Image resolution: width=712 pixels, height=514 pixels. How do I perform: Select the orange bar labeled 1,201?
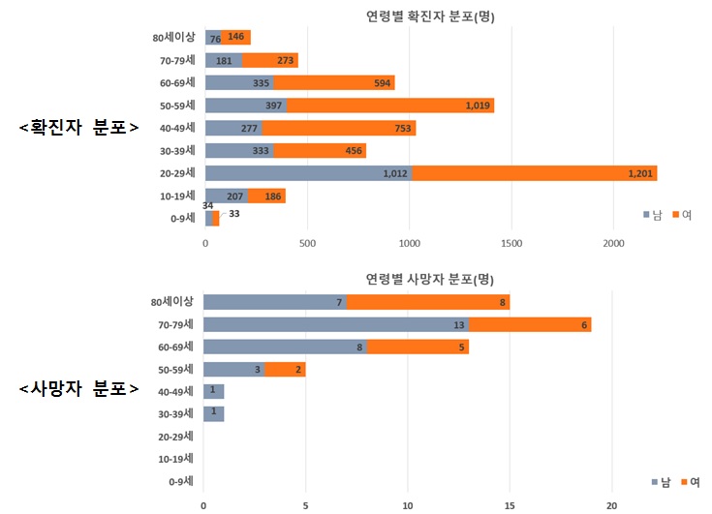[x=535, y=173]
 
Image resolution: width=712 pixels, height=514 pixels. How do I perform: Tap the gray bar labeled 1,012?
[x=308, y=173]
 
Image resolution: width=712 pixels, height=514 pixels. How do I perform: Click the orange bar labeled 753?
[x=344, y=128]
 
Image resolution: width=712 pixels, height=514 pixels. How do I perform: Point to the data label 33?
[x=233, y=214]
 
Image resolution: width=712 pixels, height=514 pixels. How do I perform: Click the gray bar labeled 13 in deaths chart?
[x=335, y=324]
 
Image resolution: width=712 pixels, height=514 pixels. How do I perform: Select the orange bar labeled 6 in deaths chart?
[x=529, y=324]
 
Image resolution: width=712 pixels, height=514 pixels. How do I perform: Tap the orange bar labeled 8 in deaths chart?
[x=428, y=302]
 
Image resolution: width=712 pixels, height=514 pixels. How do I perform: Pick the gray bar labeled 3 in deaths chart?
[x=233, y=369]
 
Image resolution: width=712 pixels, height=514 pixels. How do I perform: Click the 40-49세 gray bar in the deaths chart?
[x=214, y=391]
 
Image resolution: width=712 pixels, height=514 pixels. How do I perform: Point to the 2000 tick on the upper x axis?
[x=613, y=243]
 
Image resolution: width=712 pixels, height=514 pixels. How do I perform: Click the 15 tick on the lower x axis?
[x=510, y=504]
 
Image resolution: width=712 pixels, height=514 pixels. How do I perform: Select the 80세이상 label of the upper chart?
[x=173, y=38]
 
